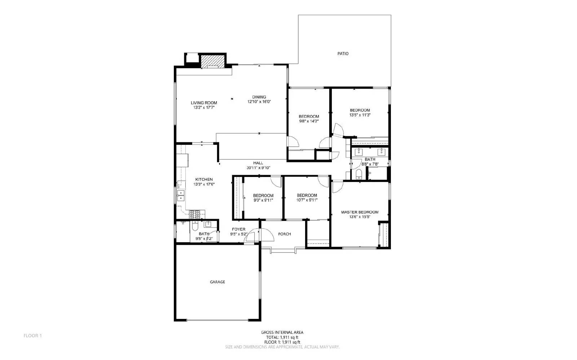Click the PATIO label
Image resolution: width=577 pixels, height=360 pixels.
click(x=343, y=54)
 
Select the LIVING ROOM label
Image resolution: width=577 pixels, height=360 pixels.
click(x=204, y=103)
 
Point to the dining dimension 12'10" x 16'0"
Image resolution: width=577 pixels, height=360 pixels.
click(x=259, y=102)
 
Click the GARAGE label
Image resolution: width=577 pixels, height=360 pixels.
click(x=217, y=282)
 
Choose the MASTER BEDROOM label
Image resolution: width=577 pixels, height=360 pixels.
click(x=360, y=212)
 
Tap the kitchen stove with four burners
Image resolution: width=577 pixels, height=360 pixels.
click(x=195, y=215)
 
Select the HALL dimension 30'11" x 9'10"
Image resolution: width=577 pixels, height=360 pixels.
click(x=258, y=168)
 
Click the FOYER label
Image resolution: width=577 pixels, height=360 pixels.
click(x=238, y=229)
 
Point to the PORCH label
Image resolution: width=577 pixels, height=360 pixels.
click(x=285, y=234)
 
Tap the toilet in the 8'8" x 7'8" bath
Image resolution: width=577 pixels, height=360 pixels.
click(x=359, y=175)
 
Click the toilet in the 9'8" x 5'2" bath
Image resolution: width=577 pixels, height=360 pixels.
click(x=195, y=227)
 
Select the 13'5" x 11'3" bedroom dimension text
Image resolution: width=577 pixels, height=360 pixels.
click(x=360, y=115)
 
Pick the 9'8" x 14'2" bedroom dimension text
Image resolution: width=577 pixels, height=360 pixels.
click(x=309, y=121)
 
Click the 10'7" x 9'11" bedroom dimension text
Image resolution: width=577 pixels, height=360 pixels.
click(x=307, y=200)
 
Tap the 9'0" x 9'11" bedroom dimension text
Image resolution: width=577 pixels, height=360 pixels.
click(x=263, y=200)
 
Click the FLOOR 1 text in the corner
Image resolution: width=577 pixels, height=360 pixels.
click(x=33, y=335)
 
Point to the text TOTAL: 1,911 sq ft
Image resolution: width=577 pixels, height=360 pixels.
click(x=282, y=337)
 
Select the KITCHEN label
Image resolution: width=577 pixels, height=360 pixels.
click(x=204, y=179)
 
